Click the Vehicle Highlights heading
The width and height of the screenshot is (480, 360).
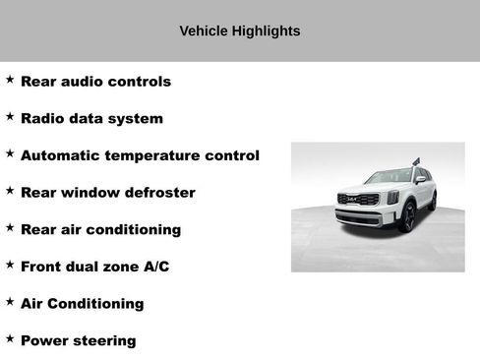coord(239,31)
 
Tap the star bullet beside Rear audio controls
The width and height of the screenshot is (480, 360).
coord(10,79)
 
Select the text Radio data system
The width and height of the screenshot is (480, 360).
coord(91,119)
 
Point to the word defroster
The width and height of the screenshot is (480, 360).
coord(159,193)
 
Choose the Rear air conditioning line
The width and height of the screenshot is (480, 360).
coord(100,230)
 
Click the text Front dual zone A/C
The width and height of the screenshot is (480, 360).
coord(94,267)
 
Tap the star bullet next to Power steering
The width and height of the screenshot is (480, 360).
coord(10,338)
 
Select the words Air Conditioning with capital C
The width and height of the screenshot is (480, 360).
coord(82,304)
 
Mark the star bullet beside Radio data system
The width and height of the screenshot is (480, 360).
coord(10,116)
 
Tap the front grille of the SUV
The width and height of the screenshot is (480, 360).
coord(358,200)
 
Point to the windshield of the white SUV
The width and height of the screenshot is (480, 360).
coord(388,177)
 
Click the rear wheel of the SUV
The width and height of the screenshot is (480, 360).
coord(432,202)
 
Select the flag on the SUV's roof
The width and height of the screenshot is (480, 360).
coord(415,160)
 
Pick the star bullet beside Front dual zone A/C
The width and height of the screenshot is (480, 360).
coord(10,264)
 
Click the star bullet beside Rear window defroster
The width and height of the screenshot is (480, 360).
coord(10,190)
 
